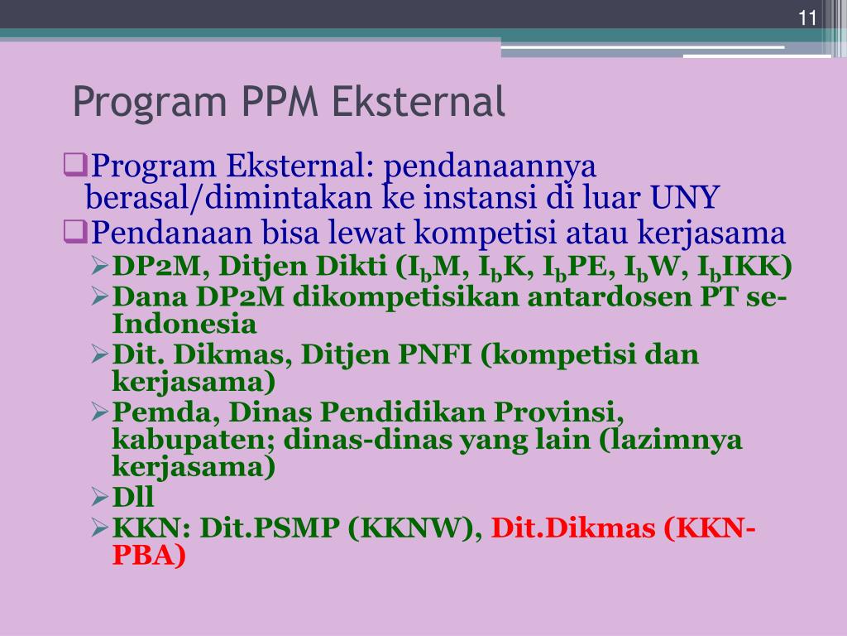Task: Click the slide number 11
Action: [807, 19]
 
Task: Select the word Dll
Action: [133, 497]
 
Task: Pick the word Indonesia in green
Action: [184, 323]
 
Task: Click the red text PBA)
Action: [149, 556]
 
